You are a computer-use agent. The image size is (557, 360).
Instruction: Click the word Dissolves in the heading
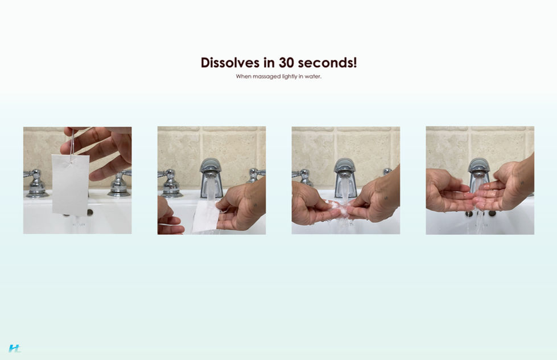pos(230,63)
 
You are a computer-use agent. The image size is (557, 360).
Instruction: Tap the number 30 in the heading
pos(287,63)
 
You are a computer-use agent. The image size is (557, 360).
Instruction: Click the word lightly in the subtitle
pos(290,76)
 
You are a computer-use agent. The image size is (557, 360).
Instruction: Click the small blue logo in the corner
pos(15,348)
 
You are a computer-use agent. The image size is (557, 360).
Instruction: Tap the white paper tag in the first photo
pos(71,185)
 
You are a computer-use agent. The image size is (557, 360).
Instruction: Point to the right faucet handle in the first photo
pos(120,184)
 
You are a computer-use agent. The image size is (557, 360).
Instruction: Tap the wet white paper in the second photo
pos(206,217)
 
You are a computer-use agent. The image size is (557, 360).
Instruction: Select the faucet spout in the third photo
pos(345,174)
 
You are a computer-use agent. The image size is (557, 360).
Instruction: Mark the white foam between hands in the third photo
pos(337,208)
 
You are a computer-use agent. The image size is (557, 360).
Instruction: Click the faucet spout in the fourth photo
pos(479,171)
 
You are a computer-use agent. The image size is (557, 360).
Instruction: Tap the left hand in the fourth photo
pos(448,189)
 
